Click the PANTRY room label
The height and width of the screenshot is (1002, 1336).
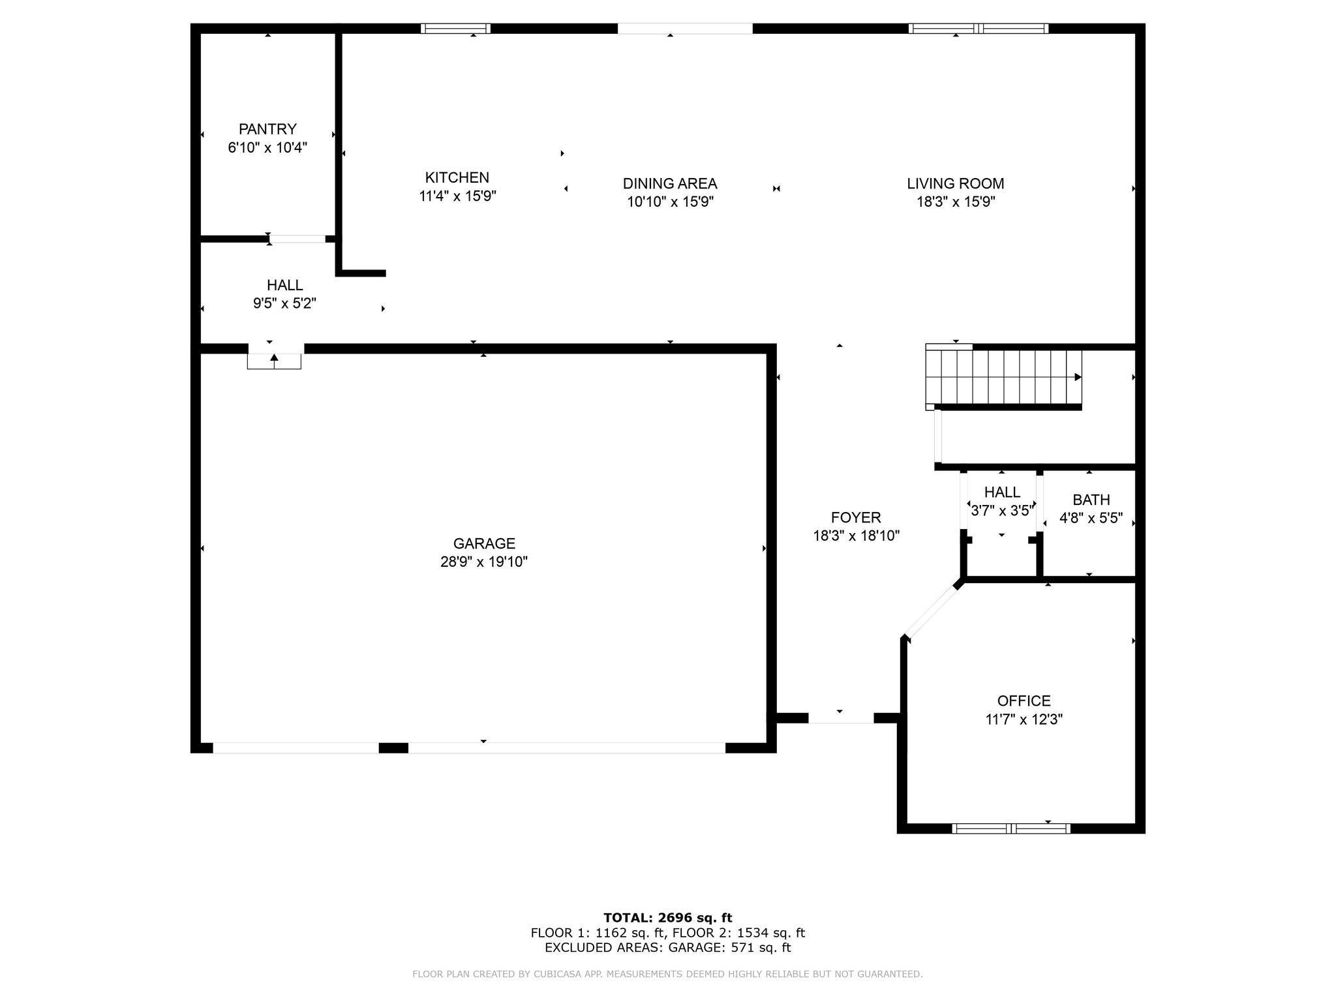pos(267,129)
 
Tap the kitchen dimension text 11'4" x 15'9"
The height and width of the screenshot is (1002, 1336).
pos(457,196)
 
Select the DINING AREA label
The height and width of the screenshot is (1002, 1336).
pos(670,184)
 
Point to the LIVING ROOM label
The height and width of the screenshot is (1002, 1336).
pos(955,184)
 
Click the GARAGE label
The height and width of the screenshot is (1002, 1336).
pos(484,543)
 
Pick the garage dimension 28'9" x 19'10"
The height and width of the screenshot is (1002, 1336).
pos(484,562)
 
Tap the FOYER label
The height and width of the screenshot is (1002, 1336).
pos(856,517)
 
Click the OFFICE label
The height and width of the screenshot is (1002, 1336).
pos(1024,701)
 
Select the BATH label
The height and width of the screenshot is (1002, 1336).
pos(1091,500)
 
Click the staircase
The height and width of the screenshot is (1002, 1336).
pos(1004,378)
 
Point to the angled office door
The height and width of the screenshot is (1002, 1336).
pos(932,611)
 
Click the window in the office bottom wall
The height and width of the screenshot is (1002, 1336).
pos(1011,828)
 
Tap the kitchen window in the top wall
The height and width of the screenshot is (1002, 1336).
pos(455,28)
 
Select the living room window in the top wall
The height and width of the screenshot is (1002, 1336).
pos(979,28)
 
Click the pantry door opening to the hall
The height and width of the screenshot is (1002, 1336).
pos(297,239)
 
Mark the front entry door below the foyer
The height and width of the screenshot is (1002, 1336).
pos(841,718)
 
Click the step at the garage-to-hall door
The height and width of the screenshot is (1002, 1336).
pos(274,361)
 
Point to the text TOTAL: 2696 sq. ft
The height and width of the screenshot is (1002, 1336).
pos(668,918)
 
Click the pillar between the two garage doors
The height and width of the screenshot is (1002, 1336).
pos(393,748)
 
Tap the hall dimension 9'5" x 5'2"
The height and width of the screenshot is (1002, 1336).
pos(284,303)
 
